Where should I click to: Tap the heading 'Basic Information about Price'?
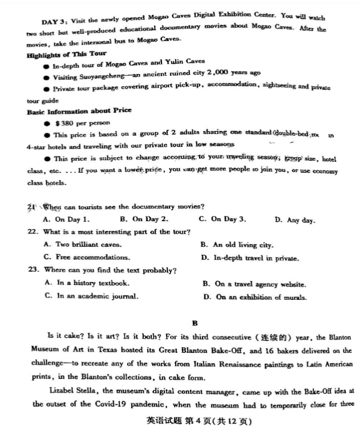click(79, 111)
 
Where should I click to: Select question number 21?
click(33, 206)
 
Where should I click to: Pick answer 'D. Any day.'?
click(294, 220)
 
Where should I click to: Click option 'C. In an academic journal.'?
click(91, 296)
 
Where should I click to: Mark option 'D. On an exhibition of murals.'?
click(254, 297)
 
